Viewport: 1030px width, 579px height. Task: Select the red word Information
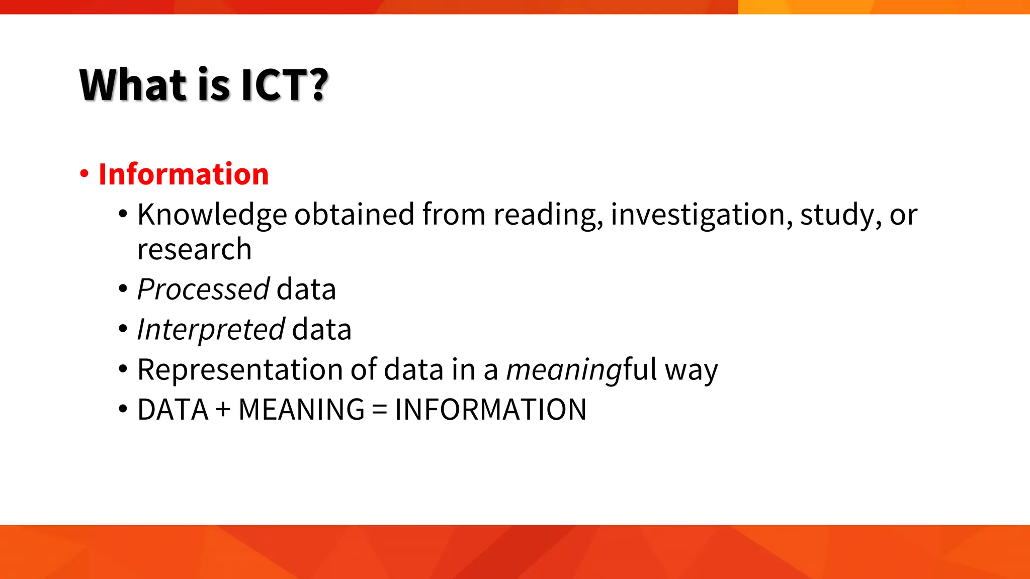click(x=184, y=174)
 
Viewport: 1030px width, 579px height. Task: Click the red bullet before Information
click(x=84, y=174)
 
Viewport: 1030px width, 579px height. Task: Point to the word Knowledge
click(x=212, y=215)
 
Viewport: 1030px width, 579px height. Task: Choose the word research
click(x=194, y=249)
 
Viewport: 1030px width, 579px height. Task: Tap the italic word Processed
click(x=203, y=289)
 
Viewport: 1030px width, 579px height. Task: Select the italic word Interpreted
click(x=211, y=330)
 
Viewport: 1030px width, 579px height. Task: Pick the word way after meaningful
click(x=691, y=370)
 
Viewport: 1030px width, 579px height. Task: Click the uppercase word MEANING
click(x=301, y=410)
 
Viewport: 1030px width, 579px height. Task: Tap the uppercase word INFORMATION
click(x=490, y=410)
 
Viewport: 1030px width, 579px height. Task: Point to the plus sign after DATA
click(x=223, y=410)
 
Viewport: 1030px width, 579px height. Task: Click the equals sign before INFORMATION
click(x=380, y=410)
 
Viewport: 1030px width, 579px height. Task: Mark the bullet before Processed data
click(x=123, y=289)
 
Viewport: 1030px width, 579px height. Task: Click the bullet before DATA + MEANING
click(x=123, y=409)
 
